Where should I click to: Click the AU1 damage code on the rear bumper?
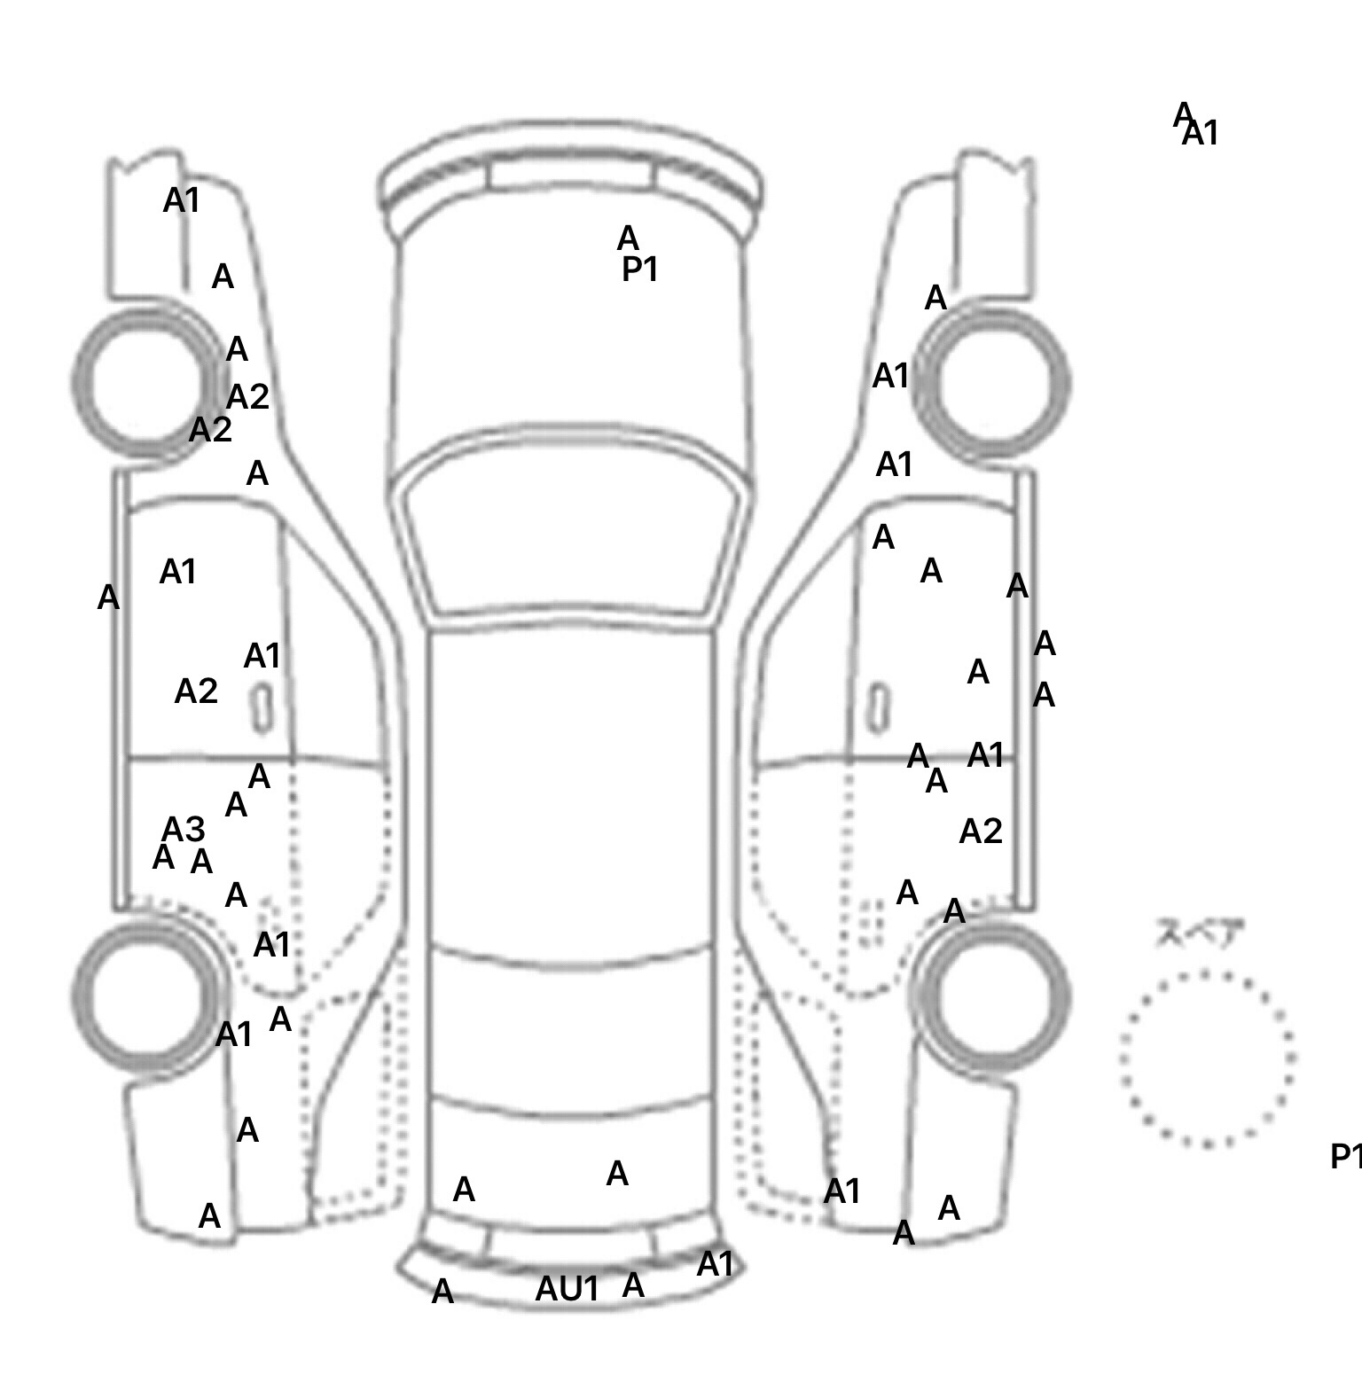coord(567,1289)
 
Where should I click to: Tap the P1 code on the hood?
coord(640,269)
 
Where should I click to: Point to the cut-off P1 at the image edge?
coord(1346,1157)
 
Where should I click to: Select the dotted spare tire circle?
coord(1207,1058)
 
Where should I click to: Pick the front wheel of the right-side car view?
coord(993,382)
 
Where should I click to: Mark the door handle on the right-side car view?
coord(878,707)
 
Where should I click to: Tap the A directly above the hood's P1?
coord(628,238)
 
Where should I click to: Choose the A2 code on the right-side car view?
coord(981,832)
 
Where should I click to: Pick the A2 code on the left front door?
coord(196,691)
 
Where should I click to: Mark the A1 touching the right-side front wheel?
coord(892,377)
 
